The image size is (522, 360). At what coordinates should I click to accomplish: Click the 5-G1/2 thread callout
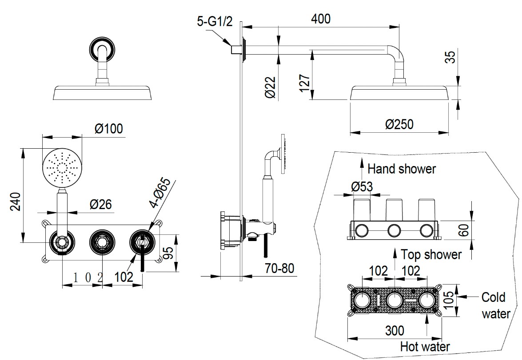(215, 22)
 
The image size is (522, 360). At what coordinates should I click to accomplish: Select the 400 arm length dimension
(321, 19)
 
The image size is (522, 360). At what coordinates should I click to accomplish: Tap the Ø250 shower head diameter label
(399, 124)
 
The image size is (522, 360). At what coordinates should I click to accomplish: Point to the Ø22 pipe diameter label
(271, 87)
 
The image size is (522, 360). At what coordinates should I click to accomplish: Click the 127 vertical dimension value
(305, 83)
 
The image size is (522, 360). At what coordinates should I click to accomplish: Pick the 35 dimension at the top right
(450, 56)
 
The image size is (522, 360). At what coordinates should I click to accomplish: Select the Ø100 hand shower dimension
(108, 128)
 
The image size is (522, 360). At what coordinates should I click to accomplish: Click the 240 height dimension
(16, 201)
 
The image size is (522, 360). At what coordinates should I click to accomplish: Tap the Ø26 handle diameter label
(100, 204)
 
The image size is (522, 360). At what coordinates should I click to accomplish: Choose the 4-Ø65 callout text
(160, 193)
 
